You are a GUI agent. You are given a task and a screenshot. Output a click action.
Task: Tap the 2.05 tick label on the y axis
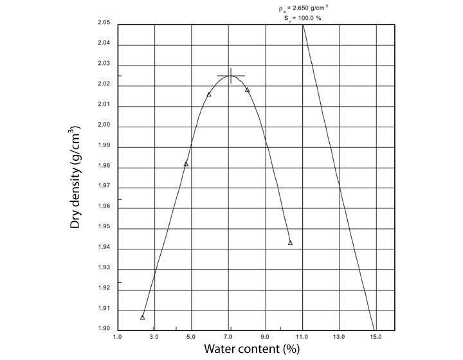click(x=104, y=23)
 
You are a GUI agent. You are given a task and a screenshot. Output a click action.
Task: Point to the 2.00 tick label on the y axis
click(x=104, y=125)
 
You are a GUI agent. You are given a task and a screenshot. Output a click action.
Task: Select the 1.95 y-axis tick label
click(x=104, y=228)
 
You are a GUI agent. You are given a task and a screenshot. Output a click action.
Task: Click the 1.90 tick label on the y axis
click(x=104, y=329)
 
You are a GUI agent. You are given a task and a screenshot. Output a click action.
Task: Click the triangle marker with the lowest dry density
click(x=142, y=317)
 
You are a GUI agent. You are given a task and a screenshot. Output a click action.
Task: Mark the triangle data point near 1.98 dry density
click(x=186, y=164)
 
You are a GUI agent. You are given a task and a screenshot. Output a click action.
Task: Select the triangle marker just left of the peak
click(x=209, y=94)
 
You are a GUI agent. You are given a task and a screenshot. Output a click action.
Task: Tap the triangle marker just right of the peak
click(x=247, y=90)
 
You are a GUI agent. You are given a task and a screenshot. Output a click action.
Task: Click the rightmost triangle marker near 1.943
click(x=290, y=242)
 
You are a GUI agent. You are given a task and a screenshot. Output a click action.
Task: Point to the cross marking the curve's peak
click(x=230, y=76)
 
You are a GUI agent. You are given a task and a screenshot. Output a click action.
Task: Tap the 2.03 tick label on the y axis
click(x=104, y=64)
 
